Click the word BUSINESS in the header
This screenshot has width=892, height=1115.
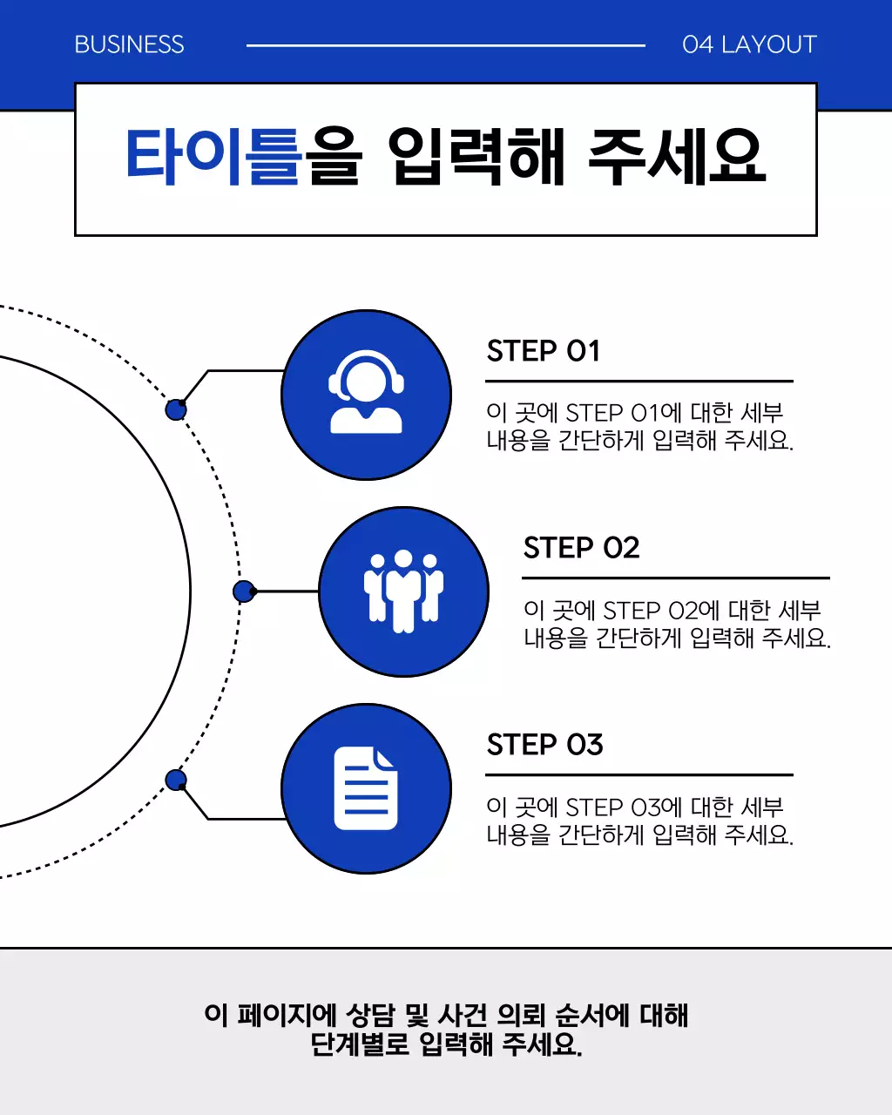(x=129, y=44)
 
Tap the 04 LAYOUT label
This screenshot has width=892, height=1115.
(x=749, y=44)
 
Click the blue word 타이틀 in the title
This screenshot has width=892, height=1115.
(x=213, y=157)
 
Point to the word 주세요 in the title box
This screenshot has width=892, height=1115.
(x=677, y=157)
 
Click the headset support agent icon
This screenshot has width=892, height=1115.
(x=366, y=394)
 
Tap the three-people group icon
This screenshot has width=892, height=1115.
(x=403, y=591)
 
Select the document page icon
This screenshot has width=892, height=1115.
(x=366, y=788)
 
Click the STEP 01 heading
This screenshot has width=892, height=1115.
(x=544, y=351)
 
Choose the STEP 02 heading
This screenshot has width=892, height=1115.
(x=581, y=548)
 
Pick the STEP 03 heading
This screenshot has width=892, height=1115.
(x=544, y=745)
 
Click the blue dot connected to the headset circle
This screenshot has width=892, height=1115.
(x=176, y=409)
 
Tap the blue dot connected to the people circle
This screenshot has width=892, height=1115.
(x=244, y=591)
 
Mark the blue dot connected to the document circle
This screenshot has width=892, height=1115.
(x=176, y=780)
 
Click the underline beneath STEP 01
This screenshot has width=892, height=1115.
(x=639, y=381)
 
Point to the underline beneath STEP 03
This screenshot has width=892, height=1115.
(x=639, y=774)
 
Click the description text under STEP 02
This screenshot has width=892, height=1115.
(x=676, y=624)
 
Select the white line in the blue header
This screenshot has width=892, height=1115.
(x=445, y=45)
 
